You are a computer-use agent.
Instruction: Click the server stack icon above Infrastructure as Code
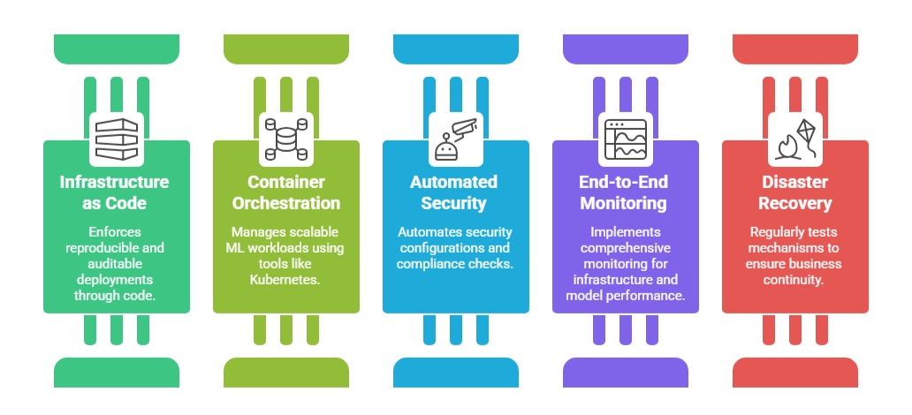[117, 140]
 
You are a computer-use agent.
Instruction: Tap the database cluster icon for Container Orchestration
[286, 140]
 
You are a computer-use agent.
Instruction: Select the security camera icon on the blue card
[456, 140]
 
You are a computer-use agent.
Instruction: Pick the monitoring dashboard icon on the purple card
[626, 140]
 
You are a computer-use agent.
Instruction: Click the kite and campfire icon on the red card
[795, 140]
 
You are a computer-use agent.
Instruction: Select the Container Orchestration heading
[286, 192]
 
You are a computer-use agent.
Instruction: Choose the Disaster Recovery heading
[795, 192]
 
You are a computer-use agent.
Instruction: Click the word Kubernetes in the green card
[286, 280]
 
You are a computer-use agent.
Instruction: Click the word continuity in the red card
[795, 280]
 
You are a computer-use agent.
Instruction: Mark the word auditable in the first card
[117, 264]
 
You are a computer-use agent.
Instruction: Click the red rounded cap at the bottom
[795, 372]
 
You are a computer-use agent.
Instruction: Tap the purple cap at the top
[626, 47]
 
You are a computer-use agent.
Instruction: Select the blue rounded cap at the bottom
[456, 372]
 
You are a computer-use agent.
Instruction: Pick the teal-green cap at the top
[117, 47]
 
